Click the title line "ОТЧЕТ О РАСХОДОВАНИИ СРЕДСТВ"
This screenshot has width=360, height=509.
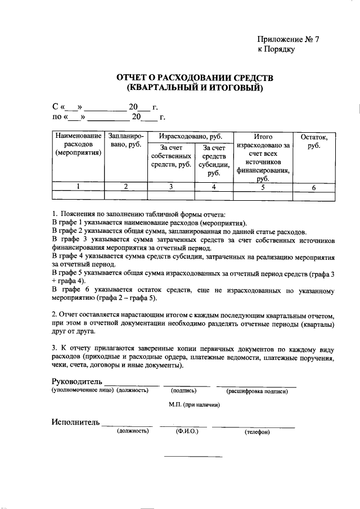point(194,77)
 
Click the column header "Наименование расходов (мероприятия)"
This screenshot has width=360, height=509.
point(78,145)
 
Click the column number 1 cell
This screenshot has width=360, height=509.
point(78,187)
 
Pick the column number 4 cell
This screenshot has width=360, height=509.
point(214,187)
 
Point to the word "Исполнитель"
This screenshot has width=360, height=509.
point(75,422)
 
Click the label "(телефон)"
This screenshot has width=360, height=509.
point(257,432)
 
